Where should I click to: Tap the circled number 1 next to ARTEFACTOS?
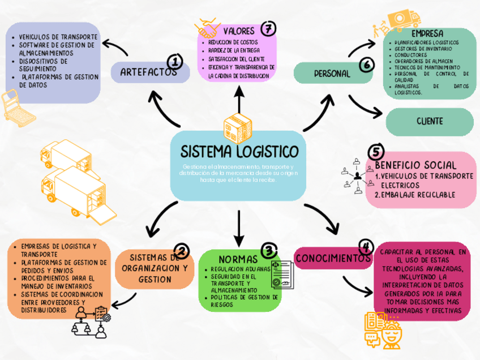pyautogui.click(x=175, y=61)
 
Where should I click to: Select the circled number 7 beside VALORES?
pyautogui.click(x=268, y=28)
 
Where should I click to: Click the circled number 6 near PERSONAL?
pyautogui.click(x=366, y=65)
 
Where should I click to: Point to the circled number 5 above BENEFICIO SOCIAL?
pyautogui.click(x=375, y=152)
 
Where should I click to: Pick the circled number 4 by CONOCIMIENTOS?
pyautogui.click(x=366, y=247)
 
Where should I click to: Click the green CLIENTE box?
pyautogui.click(x=429, y=121)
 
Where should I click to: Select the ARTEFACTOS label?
pyautogui.click(x=148, y=72)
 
